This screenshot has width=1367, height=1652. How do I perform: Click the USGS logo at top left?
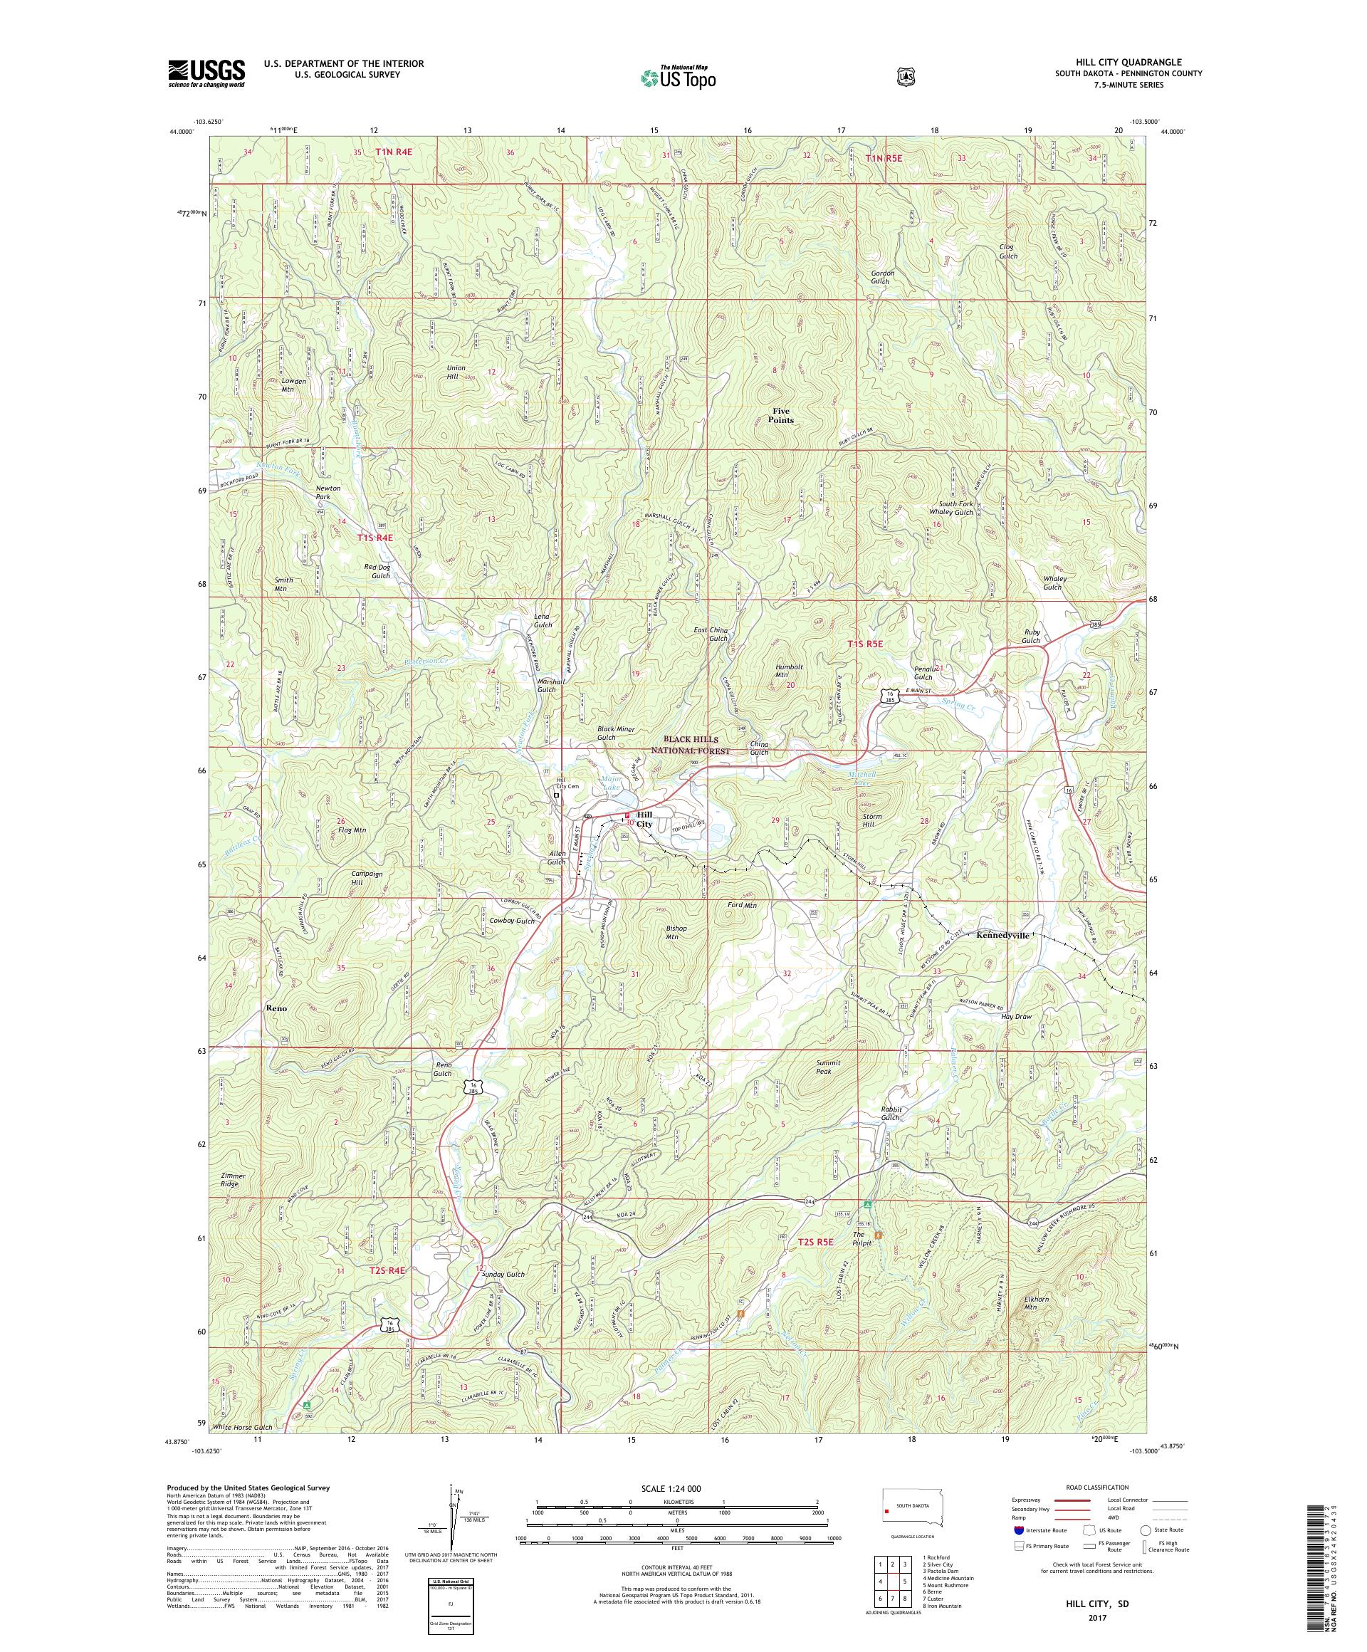(x=206, y=73)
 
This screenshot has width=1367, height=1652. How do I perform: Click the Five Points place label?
(x=782, y=415)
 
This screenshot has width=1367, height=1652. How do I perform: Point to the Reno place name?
(x=276, y=1008)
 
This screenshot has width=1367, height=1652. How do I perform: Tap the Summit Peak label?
(x=828, y=1067)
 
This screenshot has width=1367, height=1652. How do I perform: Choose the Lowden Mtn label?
(x=293, y=385)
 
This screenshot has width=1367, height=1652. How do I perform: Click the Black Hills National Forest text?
(x=696, y=745)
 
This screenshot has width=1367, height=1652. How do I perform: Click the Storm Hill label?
(x=871, y=821)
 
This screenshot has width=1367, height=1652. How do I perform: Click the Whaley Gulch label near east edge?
(x=1052, y=583)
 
